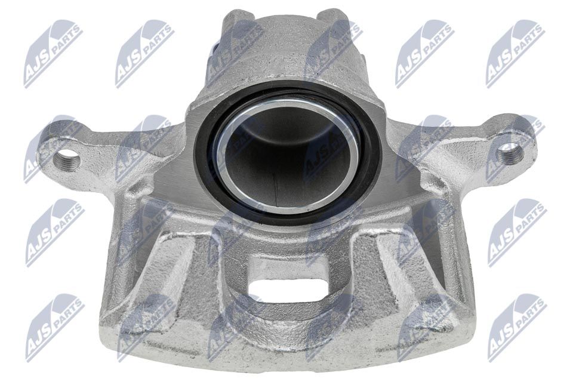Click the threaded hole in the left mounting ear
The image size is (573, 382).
click(x=66, y=159)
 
